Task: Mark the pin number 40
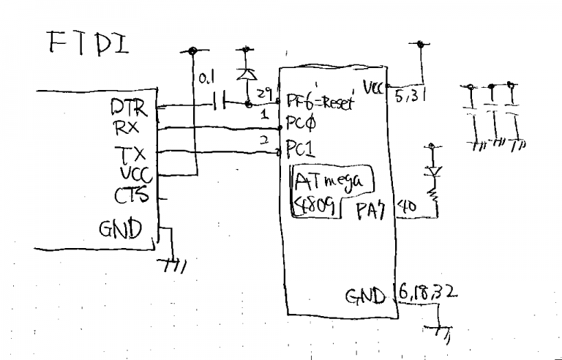[x=406, y=208]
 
